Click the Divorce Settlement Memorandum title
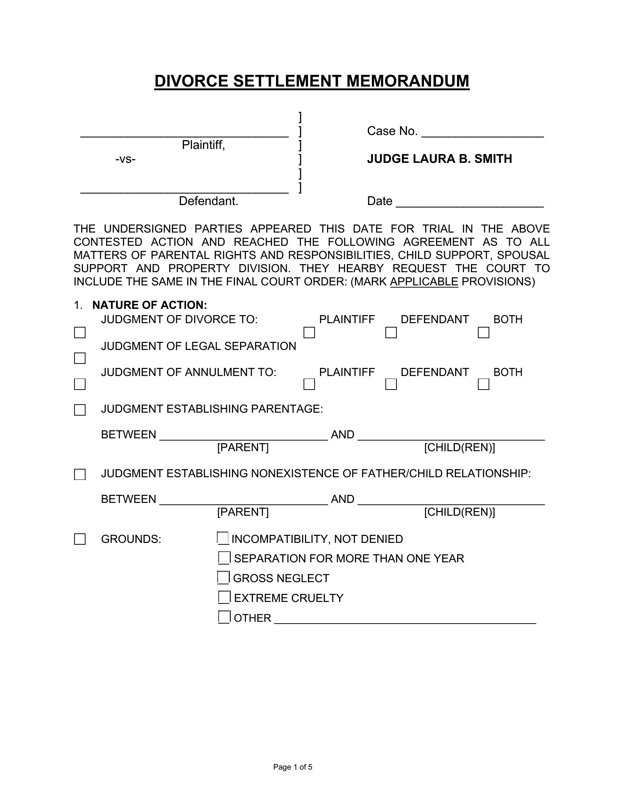coord(312,81)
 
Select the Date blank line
coord(469,202)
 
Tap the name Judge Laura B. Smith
coord(439,159)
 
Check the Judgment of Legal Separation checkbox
coord(80,358)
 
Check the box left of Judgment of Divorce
coord(80,333)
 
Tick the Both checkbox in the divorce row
coord(483,333)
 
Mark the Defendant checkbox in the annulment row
coord(391,384)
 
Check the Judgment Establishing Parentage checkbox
coord(80,410)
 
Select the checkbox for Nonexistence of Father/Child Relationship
coord(80,474)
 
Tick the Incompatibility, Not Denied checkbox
coord(223,538)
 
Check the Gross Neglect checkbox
coord(223,577)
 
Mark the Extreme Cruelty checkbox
coord(224,597)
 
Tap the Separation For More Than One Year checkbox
coord(224,558)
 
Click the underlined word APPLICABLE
coord(424,282)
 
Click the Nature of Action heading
coord(149,305)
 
